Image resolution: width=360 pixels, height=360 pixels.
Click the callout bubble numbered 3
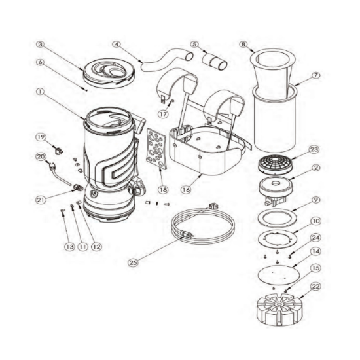[x=41, y=45]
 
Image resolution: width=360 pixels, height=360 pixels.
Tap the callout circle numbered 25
[x=134, y=262]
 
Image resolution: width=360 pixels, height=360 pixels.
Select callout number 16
[x=186, y=190]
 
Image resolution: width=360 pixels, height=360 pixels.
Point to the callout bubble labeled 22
[x=315, y=287]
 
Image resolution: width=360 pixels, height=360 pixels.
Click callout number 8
[x=243, y=44]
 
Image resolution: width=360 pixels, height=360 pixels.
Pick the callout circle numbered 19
[x=41, y=137]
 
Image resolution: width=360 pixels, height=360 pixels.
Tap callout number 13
[x=70, y=247]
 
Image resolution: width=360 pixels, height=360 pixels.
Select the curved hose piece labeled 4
[x=166, y=61]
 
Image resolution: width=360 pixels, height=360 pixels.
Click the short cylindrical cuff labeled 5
[x=215, y=61]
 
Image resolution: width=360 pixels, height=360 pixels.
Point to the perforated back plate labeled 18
[x=156, y=149]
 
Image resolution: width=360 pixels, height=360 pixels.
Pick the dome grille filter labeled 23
[x=276, y=164]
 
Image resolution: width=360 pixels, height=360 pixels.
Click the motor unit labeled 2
[x=276, y=190]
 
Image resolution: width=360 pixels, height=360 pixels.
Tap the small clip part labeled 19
[x=59, y=151]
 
